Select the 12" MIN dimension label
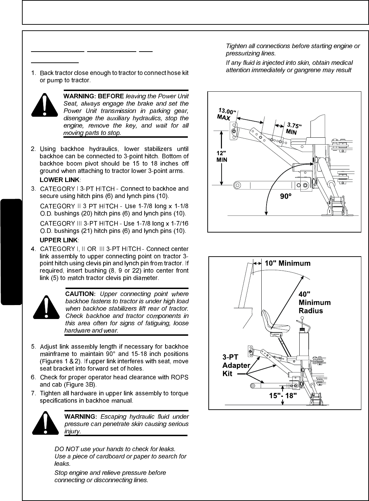pyautogui.click(x=222, y=156)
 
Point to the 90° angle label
pyautogui.click(x=286, y=197)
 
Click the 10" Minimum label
pyautogui.click(x=287, y=263)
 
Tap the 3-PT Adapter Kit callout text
pyautogui.click(x=236, y=365)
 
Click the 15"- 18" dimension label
pyautogui.click(x=283, y=396)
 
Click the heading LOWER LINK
pyautogui.click(x=60, y=180)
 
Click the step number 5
pyautogui.click(x=33, y=347)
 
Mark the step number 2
pyautogui.click(x=33, y=149)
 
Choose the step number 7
pyautogui.click(x=33, y=393)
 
